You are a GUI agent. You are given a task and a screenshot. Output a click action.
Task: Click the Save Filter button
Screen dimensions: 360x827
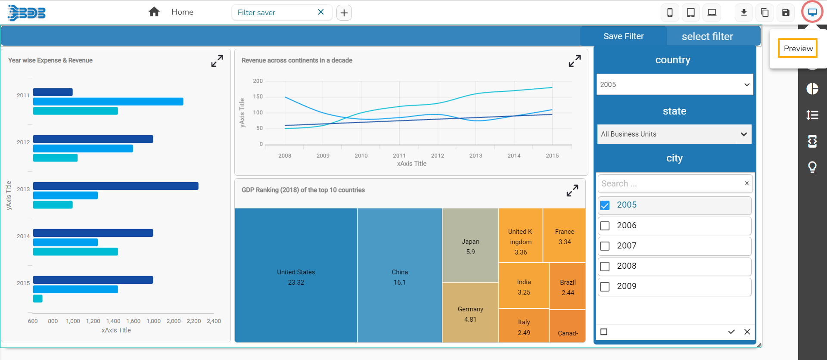pos(623,36)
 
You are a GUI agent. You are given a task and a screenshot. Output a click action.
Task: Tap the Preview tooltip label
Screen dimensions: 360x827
pos(798,48)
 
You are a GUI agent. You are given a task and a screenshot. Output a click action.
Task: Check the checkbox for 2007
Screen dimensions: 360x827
pos(605,246)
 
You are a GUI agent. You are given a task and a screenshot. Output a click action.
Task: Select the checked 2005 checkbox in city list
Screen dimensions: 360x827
pos(605,205)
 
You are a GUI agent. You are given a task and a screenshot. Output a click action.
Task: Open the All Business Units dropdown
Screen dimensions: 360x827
pos(674,134)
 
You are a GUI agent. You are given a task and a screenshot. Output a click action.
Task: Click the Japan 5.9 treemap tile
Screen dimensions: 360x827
pos(470,246)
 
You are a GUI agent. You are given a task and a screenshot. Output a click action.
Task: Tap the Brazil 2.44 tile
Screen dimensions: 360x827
pos(567,287)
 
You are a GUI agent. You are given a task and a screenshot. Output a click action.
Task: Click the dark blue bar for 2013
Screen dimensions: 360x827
pos(115,186)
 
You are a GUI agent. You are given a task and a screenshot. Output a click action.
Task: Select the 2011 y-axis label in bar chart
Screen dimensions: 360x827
pos(23,96)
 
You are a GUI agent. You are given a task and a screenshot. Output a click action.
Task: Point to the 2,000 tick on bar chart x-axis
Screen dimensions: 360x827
pos(174,321)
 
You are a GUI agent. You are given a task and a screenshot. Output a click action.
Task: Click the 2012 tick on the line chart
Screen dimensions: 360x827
pos(437,155)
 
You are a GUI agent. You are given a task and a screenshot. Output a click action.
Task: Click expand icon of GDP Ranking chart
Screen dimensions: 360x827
pos(572,190)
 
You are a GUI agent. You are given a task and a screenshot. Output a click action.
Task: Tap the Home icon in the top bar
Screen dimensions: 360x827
pos(154,12)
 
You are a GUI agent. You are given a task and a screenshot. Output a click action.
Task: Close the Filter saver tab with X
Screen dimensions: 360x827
pos(320,12)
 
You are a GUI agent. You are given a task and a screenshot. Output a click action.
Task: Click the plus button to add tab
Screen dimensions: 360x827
pos(344,13)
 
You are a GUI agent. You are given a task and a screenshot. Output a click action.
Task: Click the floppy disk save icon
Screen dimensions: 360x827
pos(786,12)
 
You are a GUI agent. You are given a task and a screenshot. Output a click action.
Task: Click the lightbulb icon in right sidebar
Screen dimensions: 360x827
pos(812,167)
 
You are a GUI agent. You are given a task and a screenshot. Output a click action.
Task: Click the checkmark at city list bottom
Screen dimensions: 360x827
pos(731,332)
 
